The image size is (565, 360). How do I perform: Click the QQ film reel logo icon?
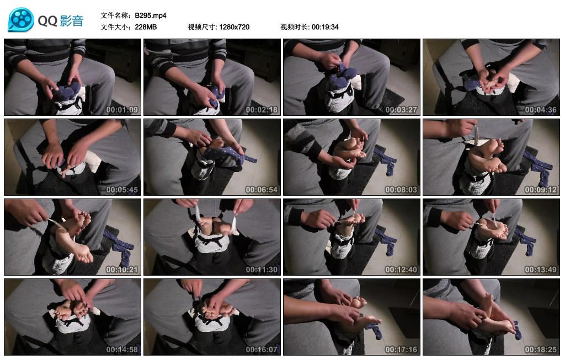point(20,20)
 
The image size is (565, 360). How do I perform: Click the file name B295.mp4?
point(151,15)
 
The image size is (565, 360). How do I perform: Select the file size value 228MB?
point(146,26)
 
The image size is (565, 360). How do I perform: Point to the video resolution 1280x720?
point(234,26)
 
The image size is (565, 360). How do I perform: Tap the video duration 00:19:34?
point(325,26)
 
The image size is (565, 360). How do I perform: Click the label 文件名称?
point(115,15)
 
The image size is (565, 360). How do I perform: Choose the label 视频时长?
point(295,26)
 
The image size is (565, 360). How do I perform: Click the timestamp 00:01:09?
point(122,110)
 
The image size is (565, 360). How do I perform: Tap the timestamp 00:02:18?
point(262,110)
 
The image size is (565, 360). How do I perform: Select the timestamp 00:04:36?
point(541,110)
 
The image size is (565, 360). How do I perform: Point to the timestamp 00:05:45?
point(122,190)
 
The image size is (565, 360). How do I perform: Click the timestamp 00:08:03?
point(401,190)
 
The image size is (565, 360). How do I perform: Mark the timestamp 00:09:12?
point(541,190)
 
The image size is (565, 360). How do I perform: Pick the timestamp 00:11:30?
point(262,270)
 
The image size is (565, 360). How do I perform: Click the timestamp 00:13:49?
point(541,270)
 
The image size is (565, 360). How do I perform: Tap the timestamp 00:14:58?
point(122,350)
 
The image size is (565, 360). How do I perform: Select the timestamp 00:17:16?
point(401,350)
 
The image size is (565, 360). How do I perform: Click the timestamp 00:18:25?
point(541,350)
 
